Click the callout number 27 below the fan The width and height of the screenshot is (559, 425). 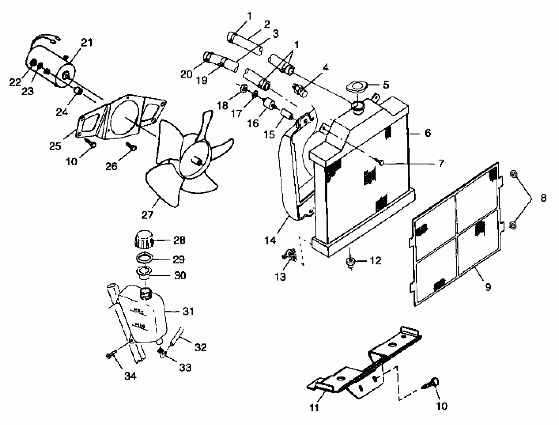pos(147,215)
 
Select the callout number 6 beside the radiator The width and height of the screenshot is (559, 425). pos(428,133)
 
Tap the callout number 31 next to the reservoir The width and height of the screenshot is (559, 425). pos(188,311)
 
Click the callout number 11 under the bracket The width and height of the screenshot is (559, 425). pos(314,408)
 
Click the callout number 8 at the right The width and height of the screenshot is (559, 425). pos(544,197)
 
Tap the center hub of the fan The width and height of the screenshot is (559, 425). pos(197,161)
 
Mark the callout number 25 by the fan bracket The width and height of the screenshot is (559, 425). pos(55,146)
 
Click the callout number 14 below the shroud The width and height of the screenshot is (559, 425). pos(270,240)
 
